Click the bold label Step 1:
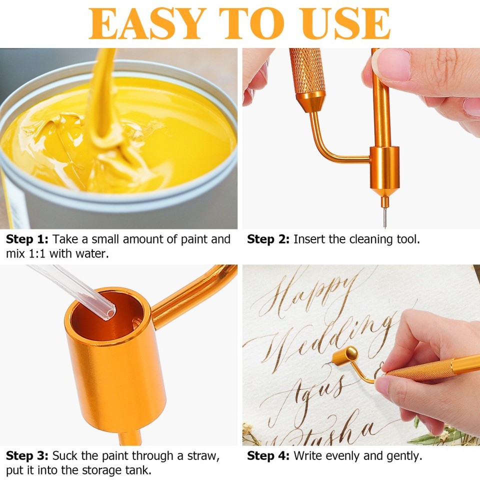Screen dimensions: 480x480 27,239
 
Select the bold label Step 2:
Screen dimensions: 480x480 268,239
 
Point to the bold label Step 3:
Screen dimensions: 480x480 27,455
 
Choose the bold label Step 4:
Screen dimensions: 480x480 268,455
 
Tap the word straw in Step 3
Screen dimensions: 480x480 207,455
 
